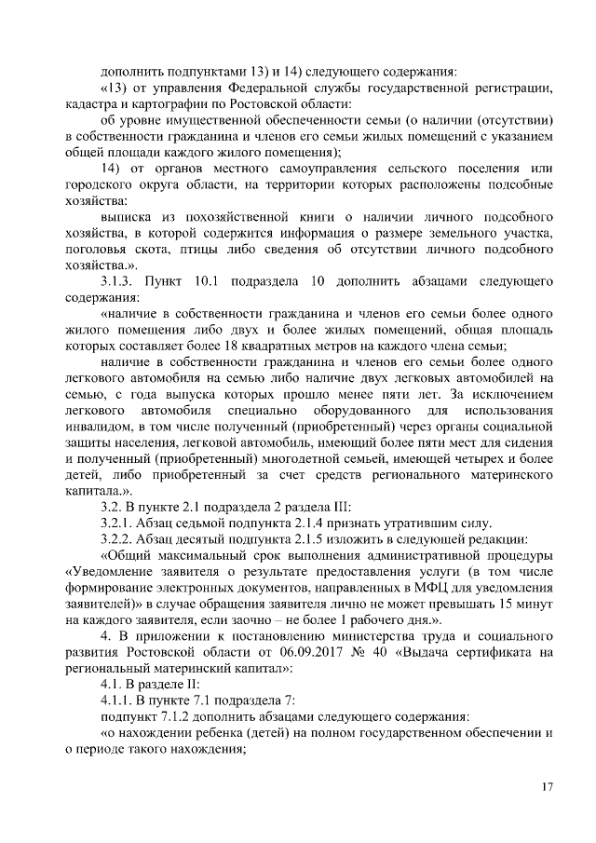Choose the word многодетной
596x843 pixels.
280,458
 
